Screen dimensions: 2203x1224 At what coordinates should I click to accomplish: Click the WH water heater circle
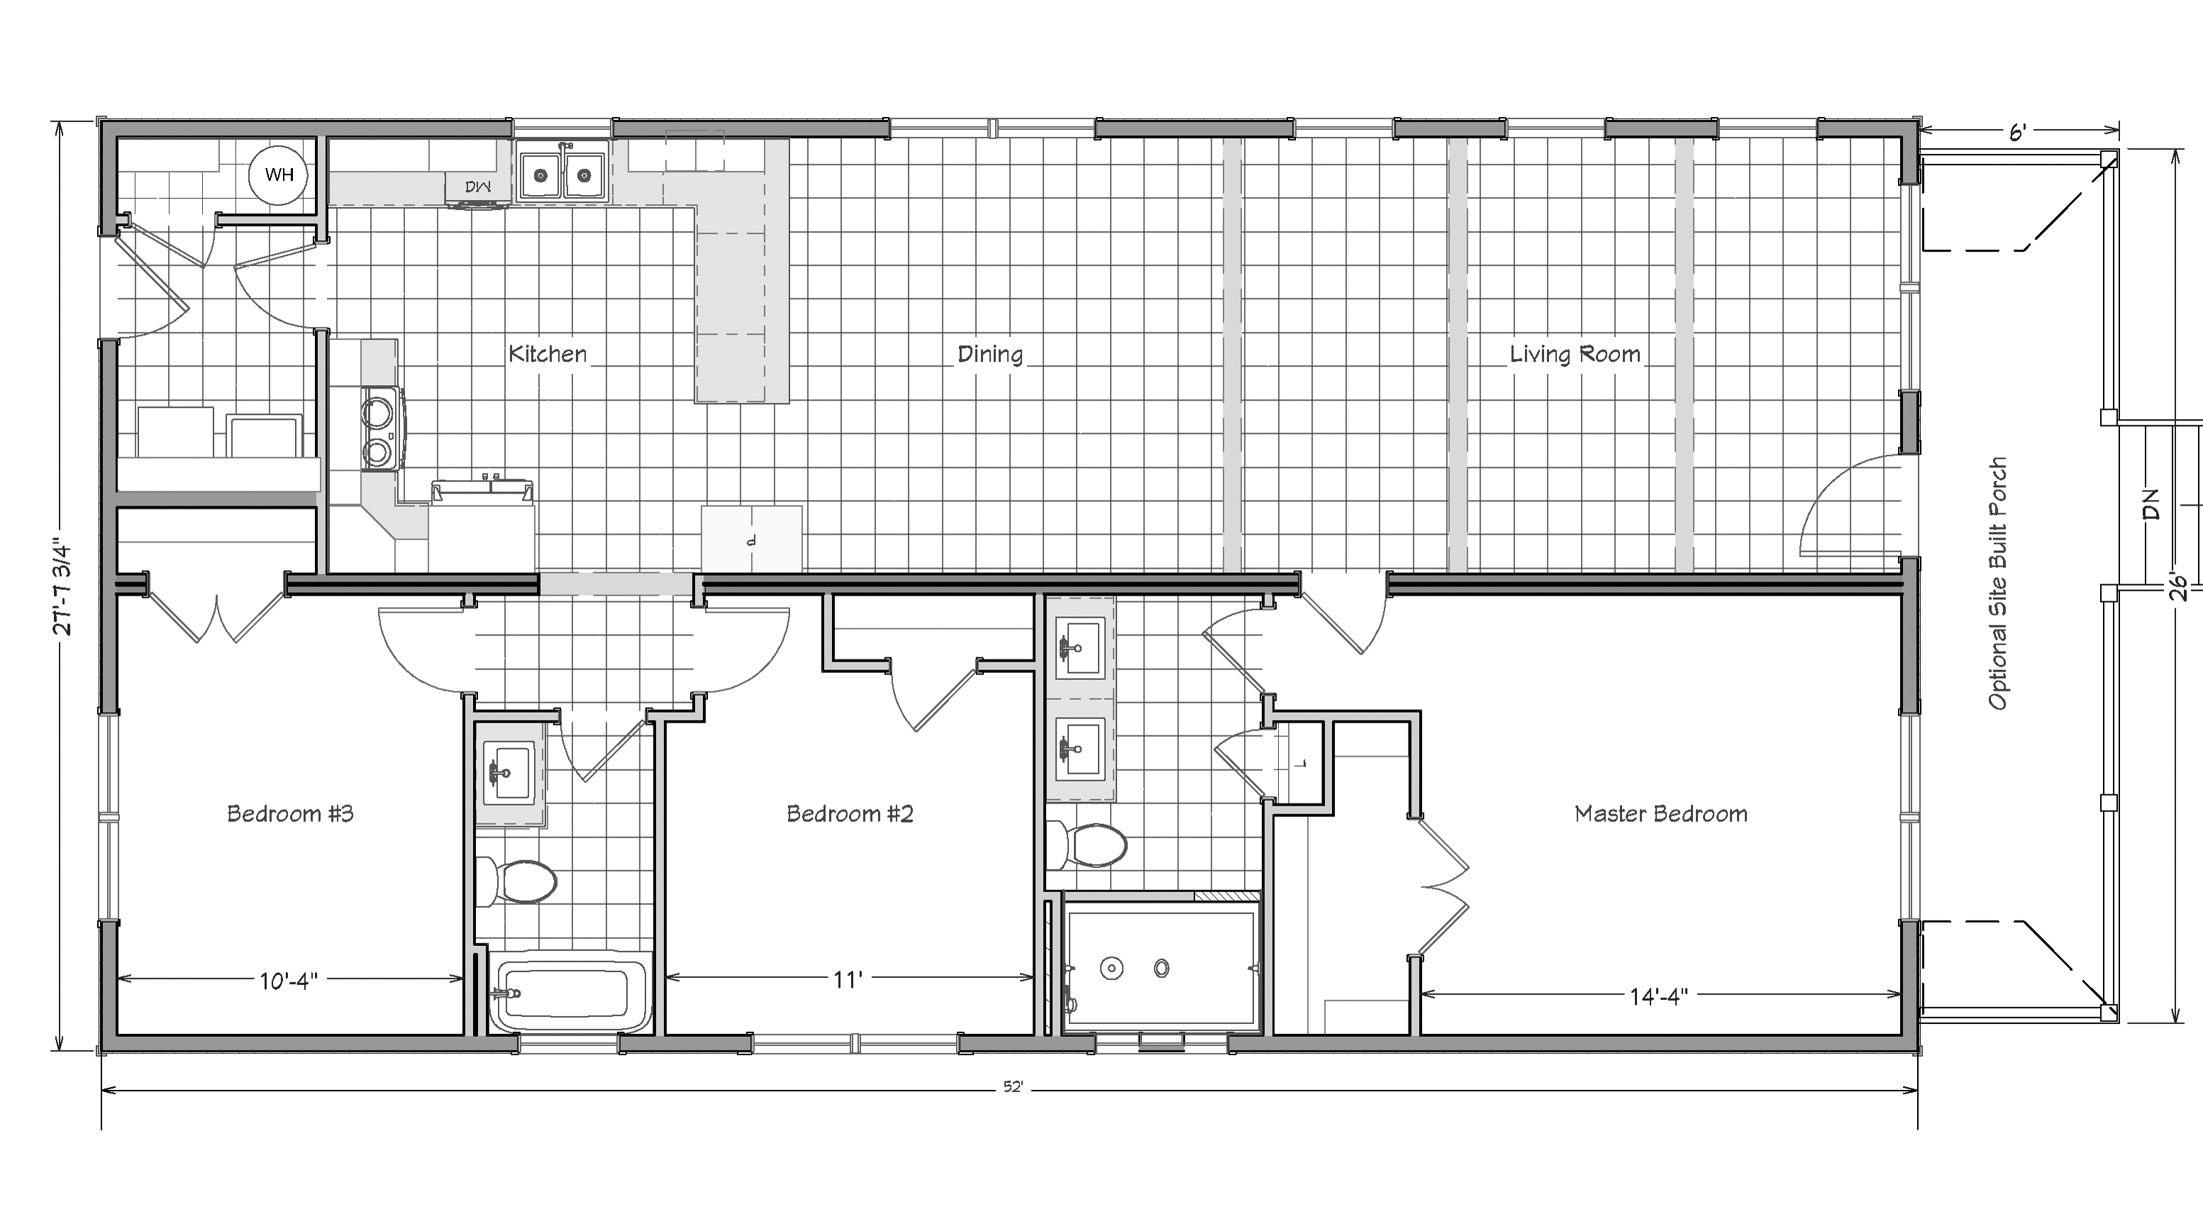click(277, 174)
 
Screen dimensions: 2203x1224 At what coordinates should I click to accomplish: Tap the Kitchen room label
click(548, 354)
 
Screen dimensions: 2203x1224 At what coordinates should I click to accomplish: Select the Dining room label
click(989, 354)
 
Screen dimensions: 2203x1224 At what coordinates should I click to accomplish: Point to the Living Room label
click(1575, 354)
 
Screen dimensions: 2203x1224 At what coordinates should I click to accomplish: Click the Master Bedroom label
click(1661, 813)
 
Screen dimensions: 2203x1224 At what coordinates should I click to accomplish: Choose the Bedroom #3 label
click(290, 813)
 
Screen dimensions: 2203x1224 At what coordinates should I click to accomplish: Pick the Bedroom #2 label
click(849, 813)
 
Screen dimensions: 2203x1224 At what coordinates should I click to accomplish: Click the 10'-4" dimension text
click(288, 980)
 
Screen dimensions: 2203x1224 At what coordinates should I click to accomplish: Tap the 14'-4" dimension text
click(1658, 996)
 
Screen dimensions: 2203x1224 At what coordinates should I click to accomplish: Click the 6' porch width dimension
click(2016, 133)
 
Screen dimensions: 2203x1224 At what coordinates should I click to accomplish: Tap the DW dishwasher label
click(477, 187)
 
